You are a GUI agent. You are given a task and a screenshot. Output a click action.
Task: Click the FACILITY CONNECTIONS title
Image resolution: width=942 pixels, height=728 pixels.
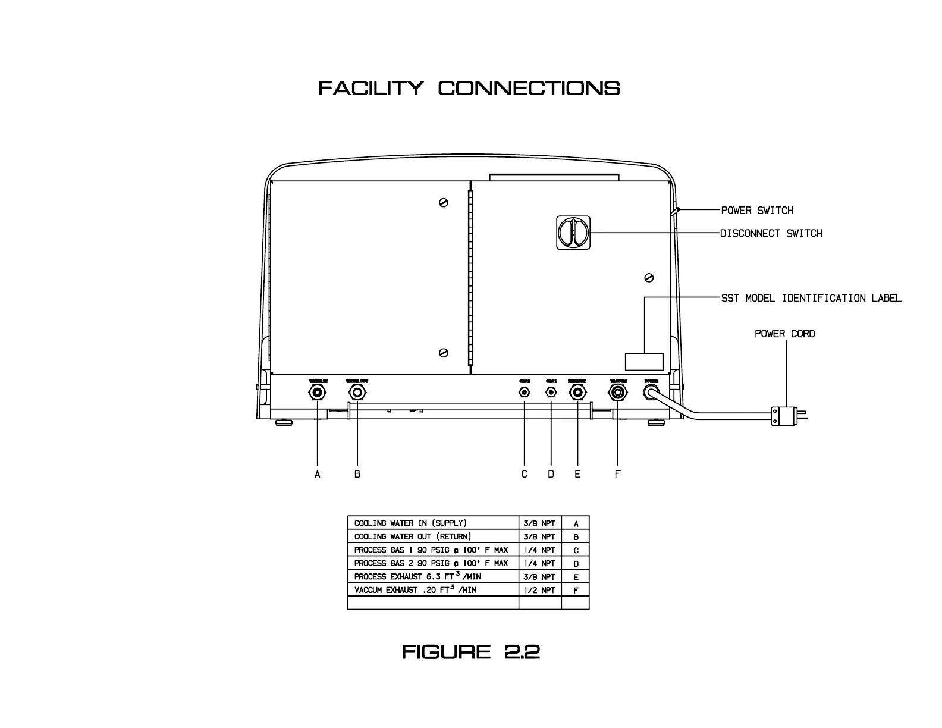469,89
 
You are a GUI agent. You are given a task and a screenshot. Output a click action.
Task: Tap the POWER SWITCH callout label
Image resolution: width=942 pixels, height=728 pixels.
757,211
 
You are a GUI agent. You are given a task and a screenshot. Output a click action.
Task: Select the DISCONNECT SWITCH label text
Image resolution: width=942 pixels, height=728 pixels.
771,234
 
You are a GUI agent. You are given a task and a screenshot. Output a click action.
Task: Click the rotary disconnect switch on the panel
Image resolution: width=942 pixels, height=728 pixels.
574,232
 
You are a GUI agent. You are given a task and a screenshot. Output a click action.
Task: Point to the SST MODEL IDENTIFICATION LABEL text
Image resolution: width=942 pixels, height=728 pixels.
811,298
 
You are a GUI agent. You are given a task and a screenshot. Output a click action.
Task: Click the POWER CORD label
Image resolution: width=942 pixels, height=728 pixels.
784,334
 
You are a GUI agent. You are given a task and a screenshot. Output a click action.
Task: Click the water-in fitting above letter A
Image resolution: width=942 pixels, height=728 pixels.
318,393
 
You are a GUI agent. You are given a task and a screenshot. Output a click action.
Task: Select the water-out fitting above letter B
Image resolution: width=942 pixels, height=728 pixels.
357,393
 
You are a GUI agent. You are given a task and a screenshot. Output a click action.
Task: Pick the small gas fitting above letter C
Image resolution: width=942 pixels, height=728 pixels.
525,393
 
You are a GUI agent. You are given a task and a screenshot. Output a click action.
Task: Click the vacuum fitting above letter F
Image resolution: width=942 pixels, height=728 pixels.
618,393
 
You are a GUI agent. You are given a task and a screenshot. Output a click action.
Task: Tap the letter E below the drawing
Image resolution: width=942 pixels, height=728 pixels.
577,474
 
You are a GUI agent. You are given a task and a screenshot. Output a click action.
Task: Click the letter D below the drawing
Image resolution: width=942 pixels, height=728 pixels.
551,474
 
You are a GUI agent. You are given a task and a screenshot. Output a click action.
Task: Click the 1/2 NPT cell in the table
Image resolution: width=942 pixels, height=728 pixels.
540,591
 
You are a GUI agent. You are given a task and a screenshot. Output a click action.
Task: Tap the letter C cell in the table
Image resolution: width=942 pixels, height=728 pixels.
576,551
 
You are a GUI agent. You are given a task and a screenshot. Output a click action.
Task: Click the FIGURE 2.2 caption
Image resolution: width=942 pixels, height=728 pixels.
471,652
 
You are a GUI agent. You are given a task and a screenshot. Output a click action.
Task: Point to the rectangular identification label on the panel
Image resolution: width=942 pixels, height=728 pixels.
644,362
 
